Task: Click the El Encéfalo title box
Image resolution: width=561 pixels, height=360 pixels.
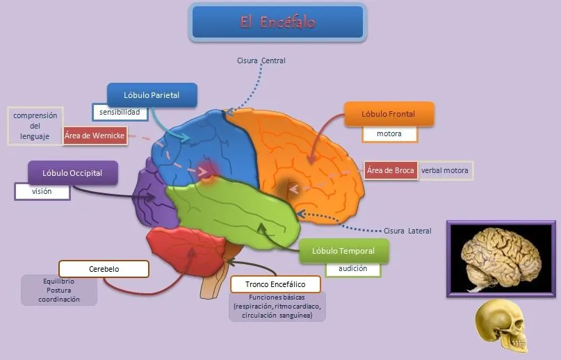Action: (277, 22)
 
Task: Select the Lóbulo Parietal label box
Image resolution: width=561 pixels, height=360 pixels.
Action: (152, 95)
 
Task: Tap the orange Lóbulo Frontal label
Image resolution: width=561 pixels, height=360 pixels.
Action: (389, 114)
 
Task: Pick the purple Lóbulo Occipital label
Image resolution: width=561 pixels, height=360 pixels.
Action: (72, 173)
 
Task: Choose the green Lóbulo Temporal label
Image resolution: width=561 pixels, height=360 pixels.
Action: (343, 251)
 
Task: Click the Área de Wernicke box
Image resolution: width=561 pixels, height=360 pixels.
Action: (95, 136)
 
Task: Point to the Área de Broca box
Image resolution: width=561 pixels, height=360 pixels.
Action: (391, 170)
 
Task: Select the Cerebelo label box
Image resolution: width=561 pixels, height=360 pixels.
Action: (104, 269)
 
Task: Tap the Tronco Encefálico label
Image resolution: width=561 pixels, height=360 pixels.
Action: (276, 284)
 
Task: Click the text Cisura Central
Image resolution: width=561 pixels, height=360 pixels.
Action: (261, 60)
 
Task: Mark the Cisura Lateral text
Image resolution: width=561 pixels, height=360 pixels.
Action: (407, 231)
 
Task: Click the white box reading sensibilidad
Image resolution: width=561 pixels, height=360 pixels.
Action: (120, 112)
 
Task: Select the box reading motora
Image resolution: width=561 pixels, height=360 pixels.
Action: (389, 133)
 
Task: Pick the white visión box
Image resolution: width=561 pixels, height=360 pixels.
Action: (42, 191)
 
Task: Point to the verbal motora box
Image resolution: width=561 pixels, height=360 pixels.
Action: (446, 170)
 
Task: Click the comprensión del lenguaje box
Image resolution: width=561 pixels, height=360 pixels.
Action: (35, 126)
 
